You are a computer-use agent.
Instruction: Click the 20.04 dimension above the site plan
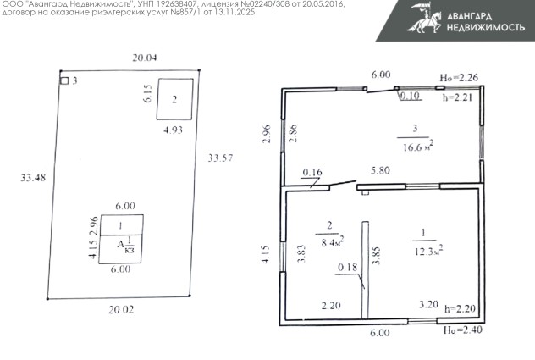(x=145, y=58)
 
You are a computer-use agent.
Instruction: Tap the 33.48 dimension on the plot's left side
(x=33, y=178)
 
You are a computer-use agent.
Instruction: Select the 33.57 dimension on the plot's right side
(x=220, y=158)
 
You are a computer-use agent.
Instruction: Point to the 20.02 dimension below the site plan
(x=121, y=310)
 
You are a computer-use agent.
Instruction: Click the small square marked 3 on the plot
(x=64, y=80)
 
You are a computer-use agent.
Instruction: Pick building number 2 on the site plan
(x=174, y=99)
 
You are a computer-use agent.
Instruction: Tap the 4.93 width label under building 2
(x=173, y=130)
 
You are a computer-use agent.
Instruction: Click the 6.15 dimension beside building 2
(x=148, y=93)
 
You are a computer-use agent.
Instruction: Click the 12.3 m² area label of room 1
(x=428, y=251)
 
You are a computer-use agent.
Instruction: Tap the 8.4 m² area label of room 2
(x=333, y=241)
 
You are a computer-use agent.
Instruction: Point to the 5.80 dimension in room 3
(x=380, y=170)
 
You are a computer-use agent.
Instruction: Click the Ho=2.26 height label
(x=459, y=78)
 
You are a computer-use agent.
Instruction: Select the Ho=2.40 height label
(x=463, y=330)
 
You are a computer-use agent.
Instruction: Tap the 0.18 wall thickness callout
(x=347, y=267)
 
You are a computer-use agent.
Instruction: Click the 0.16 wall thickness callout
(x=312, y=173)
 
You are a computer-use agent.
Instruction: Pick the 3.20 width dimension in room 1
(x=428, y=304)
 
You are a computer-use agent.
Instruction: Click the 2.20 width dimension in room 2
(x=331, y=305)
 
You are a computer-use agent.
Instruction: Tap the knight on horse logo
(x=425, y=18)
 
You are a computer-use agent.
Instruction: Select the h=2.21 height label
(x=458, y=97)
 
